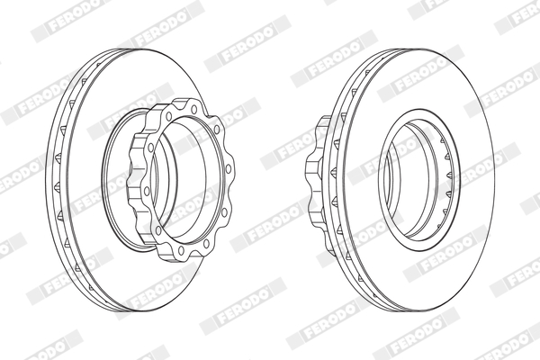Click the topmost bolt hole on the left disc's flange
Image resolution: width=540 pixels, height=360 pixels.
pos(194,110)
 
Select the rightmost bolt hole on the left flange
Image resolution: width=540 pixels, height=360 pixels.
pos(228,169)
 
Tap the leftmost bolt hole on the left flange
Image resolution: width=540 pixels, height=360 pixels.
pos(147,191)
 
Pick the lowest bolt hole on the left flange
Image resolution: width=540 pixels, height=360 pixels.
pos(181,250)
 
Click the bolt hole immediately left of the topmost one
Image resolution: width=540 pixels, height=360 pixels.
pos(169,116)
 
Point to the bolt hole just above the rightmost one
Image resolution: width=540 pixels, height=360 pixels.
pos(217,130)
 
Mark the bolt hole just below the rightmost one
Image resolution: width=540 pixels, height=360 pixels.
pos(224,211)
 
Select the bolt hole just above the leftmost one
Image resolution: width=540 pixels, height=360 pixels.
pos(150,148)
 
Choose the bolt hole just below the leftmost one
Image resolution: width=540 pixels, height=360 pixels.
pos(158,230)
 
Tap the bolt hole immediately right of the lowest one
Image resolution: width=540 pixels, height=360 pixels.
pos(206,243)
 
